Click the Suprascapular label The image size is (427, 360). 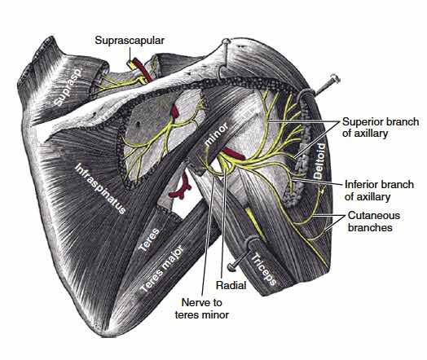130,41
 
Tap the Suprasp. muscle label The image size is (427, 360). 68,86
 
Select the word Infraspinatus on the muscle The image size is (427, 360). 100,189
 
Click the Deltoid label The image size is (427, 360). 319,160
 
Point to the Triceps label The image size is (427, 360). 264,269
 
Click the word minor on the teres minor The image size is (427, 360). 216,134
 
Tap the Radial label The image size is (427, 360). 231,285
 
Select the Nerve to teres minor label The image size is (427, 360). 202,309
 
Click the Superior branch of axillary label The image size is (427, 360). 381,127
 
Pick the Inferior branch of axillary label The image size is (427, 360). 379,191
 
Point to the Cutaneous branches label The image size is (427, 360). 374,222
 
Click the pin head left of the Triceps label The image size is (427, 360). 231,266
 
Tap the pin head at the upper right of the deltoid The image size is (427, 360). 335,79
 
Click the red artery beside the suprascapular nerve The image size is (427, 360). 143,70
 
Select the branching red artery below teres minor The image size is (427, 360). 179,187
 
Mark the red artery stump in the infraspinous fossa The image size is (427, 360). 174,112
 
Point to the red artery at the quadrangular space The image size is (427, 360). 236,154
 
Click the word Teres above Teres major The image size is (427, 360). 148,240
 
